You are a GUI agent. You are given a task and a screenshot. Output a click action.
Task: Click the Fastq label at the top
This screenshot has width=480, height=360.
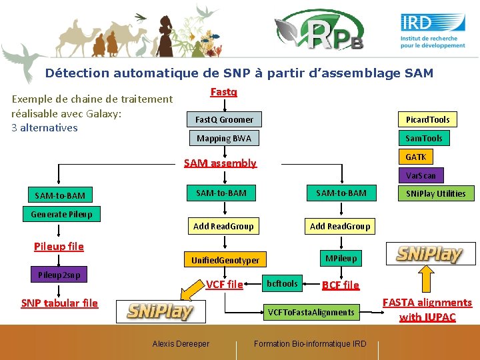click(x=223, y=92)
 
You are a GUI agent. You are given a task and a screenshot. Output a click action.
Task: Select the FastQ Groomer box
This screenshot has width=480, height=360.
click(x=224, y=119)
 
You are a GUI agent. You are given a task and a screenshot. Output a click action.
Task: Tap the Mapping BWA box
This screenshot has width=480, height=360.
click(x=224, y=138)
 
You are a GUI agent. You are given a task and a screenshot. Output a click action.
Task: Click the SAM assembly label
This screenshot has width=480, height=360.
click(x=220, y=163)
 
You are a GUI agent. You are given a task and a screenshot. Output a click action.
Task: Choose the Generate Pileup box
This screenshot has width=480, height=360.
click(x=61, y=214)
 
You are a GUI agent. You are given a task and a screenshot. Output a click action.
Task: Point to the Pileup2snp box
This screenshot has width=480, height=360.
click(x=59, y=274)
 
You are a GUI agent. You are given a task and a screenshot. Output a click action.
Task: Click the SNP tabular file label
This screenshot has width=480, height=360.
click(x=59, y=303)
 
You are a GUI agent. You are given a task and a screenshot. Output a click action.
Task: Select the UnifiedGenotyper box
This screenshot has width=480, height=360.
click(x=225, y=259)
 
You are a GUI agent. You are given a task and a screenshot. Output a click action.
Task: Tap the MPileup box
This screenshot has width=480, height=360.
click(x=341, y=257)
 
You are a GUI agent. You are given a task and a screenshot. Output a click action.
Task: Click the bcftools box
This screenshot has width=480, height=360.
click(x=282, y=283)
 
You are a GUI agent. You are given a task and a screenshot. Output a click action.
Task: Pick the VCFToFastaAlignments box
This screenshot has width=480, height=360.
click(x=311, y=312)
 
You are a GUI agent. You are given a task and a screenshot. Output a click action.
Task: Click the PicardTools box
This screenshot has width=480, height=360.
click(x=428, y=119)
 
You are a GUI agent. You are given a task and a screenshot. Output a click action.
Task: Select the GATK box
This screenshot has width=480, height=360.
click(x=415, y=157)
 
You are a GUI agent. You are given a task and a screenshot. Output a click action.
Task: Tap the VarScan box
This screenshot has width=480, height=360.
click(x=421, y=175)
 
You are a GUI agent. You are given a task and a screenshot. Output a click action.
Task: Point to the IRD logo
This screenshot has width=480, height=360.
click(x=433, y=31)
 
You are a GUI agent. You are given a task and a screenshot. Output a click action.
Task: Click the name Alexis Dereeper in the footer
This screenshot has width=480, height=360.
click(x=181, y=344)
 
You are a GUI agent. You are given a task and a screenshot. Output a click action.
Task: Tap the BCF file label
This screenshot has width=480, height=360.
click(x=340, y=285)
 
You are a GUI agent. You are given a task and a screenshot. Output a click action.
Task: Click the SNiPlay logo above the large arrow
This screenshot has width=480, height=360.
click(x=430, y=253)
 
